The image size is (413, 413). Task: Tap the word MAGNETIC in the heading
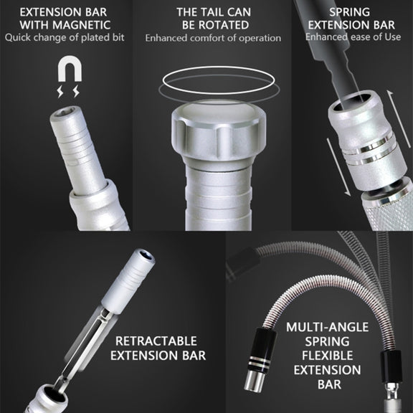click(x=82, y=25)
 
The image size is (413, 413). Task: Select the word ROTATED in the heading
click(x=224, y=25)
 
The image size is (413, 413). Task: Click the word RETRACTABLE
click(x=156, y=341)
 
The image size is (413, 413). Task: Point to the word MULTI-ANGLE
click(x=328, y=327)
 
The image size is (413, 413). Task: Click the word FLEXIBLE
click(x=328, y=356)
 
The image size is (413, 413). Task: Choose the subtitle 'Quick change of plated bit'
click(x=65, y=37)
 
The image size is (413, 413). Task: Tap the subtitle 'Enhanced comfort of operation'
click(x=213, y=38)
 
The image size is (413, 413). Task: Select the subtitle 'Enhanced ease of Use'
click(x=353, y=37)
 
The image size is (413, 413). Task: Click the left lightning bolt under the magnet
click(x=60, y=91)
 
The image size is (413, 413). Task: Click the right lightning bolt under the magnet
click(x=76, y=91)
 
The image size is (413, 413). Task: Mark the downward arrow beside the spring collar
click(x=338, y=168)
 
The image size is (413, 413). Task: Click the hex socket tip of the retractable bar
click(x=144, y=255)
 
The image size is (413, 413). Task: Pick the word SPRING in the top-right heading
click(x=350, y=12)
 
